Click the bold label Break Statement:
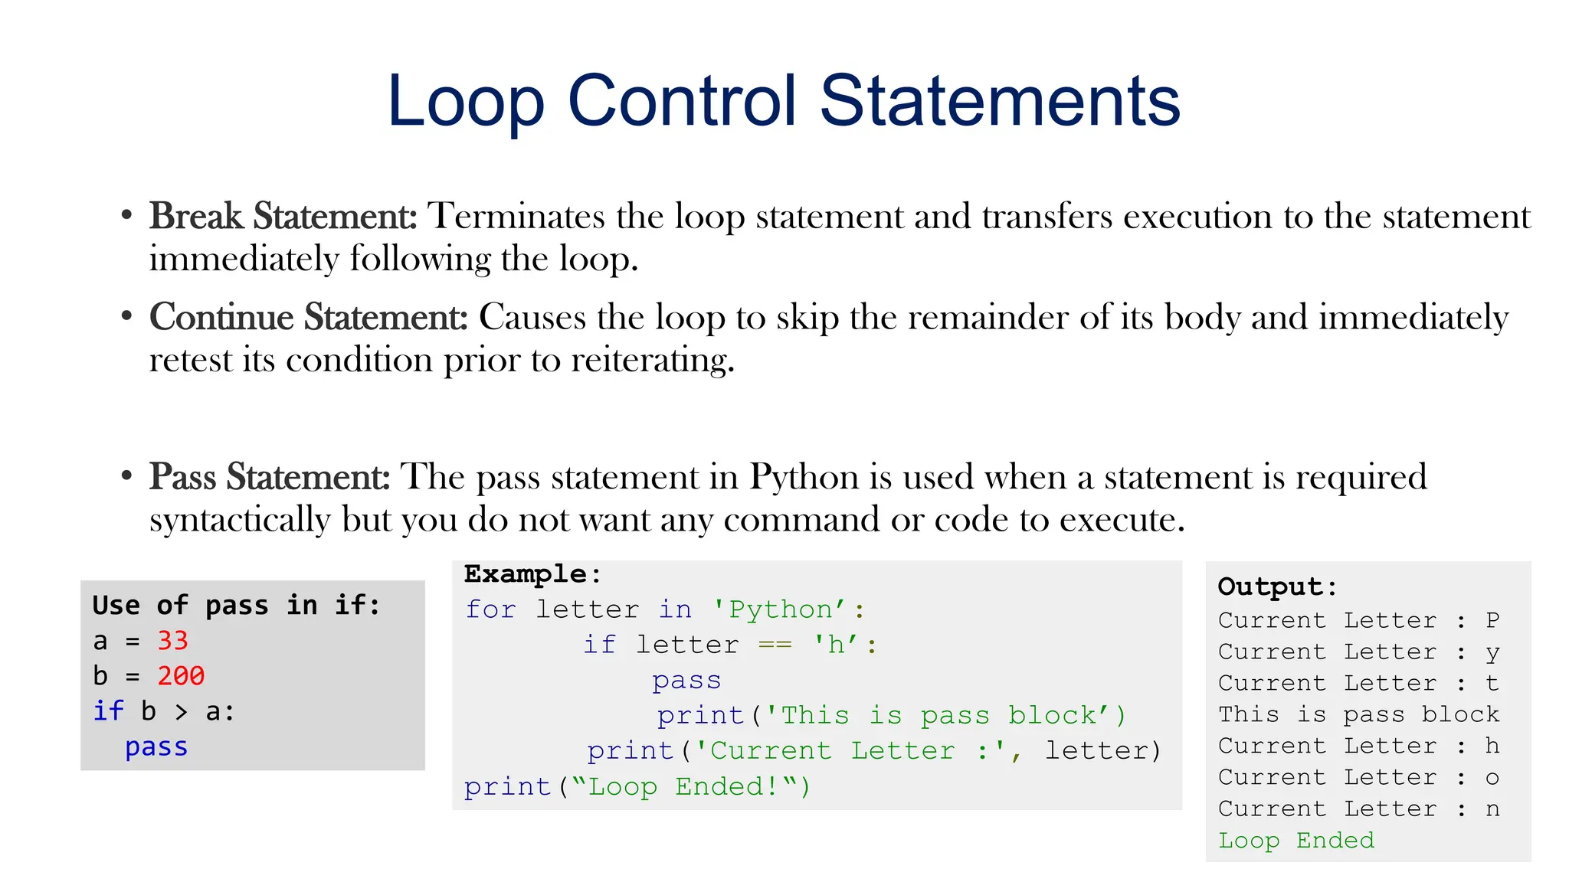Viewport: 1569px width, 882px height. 283,216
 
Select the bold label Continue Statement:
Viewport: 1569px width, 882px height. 308,317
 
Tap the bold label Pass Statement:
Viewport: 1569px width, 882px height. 270,476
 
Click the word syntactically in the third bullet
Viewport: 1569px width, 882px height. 239,520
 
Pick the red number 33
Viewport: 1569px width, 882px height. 172,640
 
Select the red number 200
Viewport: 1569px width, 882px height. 181,675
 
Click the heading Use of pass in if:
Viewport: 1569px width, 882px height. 236,605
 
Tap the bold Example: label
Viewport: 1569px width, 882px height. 532,573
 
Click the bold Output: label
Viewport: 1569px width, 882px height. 1277,586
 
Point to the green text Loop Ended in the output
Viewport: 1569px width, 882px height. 1296,840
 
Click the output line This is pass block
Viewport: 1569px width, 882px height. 1358,714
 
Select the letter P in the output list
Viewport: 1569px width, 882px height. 1492,619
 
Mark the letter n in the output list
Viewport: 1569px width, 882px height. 1492,808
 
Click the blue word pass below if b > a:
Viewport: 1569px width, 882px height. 156,746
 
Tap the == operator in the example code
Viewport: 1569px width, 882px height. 775,645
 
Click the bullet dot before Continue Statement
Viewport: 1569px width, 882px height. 127,316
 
